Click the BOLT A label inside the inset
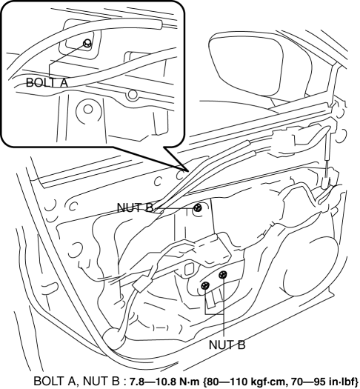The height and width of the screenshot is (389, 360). point(47,82)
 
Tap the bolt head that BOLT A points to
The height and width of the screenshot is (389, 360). point(87,43)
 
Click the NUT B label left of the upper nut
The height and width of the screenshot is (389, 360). point(136,207)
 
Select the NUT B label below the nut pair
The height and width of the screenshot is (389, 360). point(227,345)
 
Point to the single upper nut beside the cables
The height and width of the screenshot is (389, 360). point(198,207)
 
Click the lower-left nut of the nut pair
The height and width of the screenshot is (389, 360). point(205,286)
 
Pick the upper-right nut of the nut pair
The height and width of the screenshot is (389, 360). point(223,275)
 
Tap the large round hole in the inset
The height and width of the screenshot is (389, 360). point(88,109)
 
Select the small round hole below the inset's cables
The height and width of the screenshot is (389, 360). point(133,95)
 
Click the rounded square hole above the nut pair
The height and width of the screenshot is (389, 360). point(190,269)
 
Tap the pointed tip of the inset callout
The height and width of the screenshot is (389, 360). point(187,171)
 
